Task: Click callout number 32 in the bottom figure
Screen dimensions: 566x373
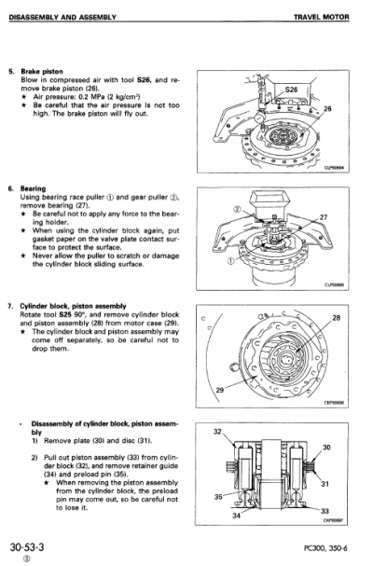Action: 219,433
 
